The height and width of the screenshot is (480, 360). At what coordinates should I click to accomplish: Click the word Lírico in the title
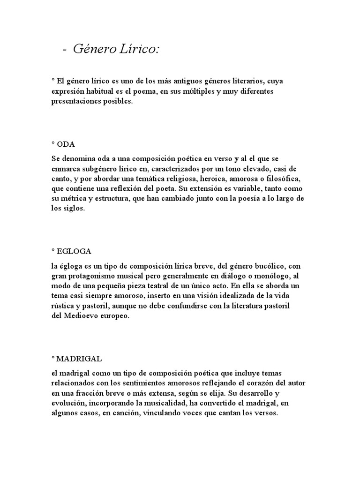[139, 49]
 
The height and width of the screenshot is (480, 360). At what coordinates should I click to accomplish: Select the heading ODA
[66, 144]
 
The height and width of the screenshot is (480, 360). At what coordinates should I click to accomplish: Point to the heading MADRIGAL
[78, 359]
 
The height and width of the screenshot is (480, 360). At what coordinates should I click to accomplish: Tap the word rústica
[63, 306]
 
